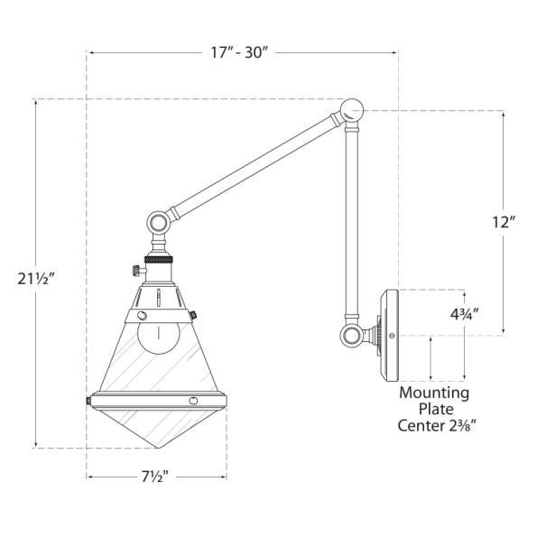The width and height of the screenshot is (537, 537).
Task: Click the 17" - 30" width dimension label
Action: pos(238,52)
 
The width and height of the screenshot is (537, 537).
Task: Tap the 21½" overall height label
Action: pos(36,279)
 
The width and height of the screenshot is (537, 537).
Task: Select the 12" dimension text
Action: pos(504,222)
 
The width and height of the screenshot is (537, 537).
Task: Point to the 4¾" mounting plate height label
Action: pos(464,314)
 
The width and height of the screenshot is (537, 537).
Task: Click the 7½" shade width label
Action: pos(155,477)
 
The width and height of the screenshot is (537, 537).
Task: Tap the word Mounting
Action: pos(434,393)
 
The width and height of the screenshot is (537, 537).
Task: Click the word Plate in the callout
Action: pos(436,409)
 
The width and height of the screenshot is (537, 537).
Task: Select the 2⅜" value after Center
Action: pos(462,426)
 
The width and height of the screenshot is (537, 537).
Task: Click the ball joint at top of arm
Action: pos(352,110)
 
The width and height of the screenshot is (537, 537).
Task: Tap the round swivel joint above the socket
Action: pos(158,223)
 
